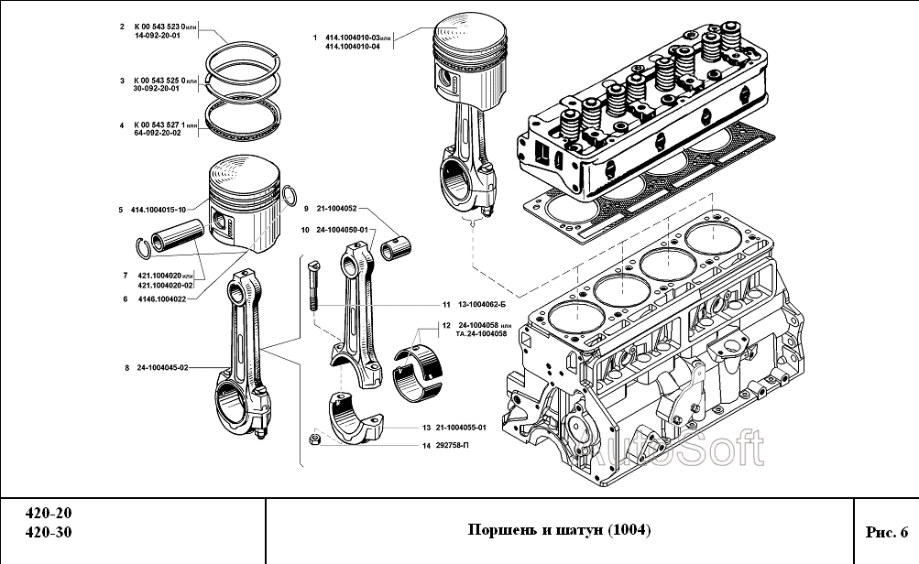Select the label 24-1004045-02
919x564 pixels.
click(162, 368)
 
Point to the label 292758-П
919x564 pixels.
click(454, 446)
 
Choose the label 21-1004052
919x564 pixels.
click(336, 209)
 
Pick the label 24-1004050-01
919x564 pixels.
click(341, 229)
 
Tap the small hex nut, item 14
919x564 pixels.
click(314, 441)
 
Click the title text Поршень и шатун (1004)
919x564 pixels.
click(559, 530)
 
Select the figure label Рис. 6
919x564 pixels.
click(885, 531)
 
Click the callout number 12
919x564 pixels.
click(444, 325)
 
